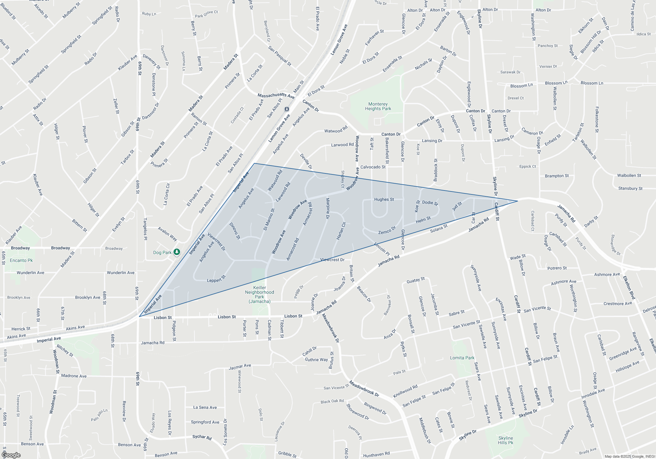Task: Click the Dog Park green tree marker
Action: (177, 252)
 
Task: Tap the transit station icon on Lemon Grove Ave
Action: (287, 109)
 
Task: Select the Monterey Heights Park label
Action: (378, 106)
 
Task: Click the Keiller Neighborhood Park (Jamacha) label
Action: (259, 294)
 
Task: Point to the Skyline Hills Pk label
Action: (505, 440)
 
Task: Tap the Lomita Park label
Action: (462, 358)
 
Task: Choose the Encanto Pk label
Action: (21, 260)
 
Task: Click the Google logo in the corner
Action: (11, 455)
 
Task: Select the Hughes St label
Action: (384, 199)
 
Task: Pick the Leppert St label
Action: (216, 279)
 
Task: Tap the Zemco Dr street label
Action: (387, 230)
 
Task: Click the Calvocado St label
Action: (373, 167)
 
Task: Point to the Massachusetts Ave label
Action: (276, 96)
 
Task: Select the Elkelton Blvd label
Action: (629, 288)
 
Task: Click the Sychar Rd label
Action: (202, 437)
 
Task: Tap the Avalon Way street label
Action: (167, 234)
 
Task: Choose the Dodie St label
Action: (430, 203)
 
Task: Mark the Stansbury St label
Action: (630, 188)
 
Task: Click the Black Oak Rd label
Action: (332, 401)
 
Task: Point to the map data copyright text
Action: (629, 456)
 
